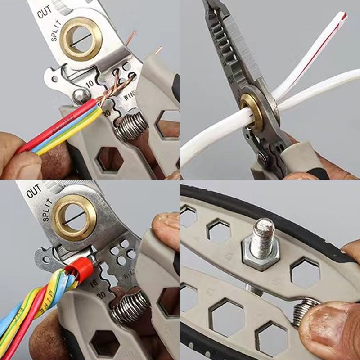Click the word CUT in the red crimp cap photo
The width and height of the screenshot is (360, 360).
34,191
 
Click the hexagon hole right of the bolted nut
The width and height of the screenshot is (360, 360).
306,272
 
